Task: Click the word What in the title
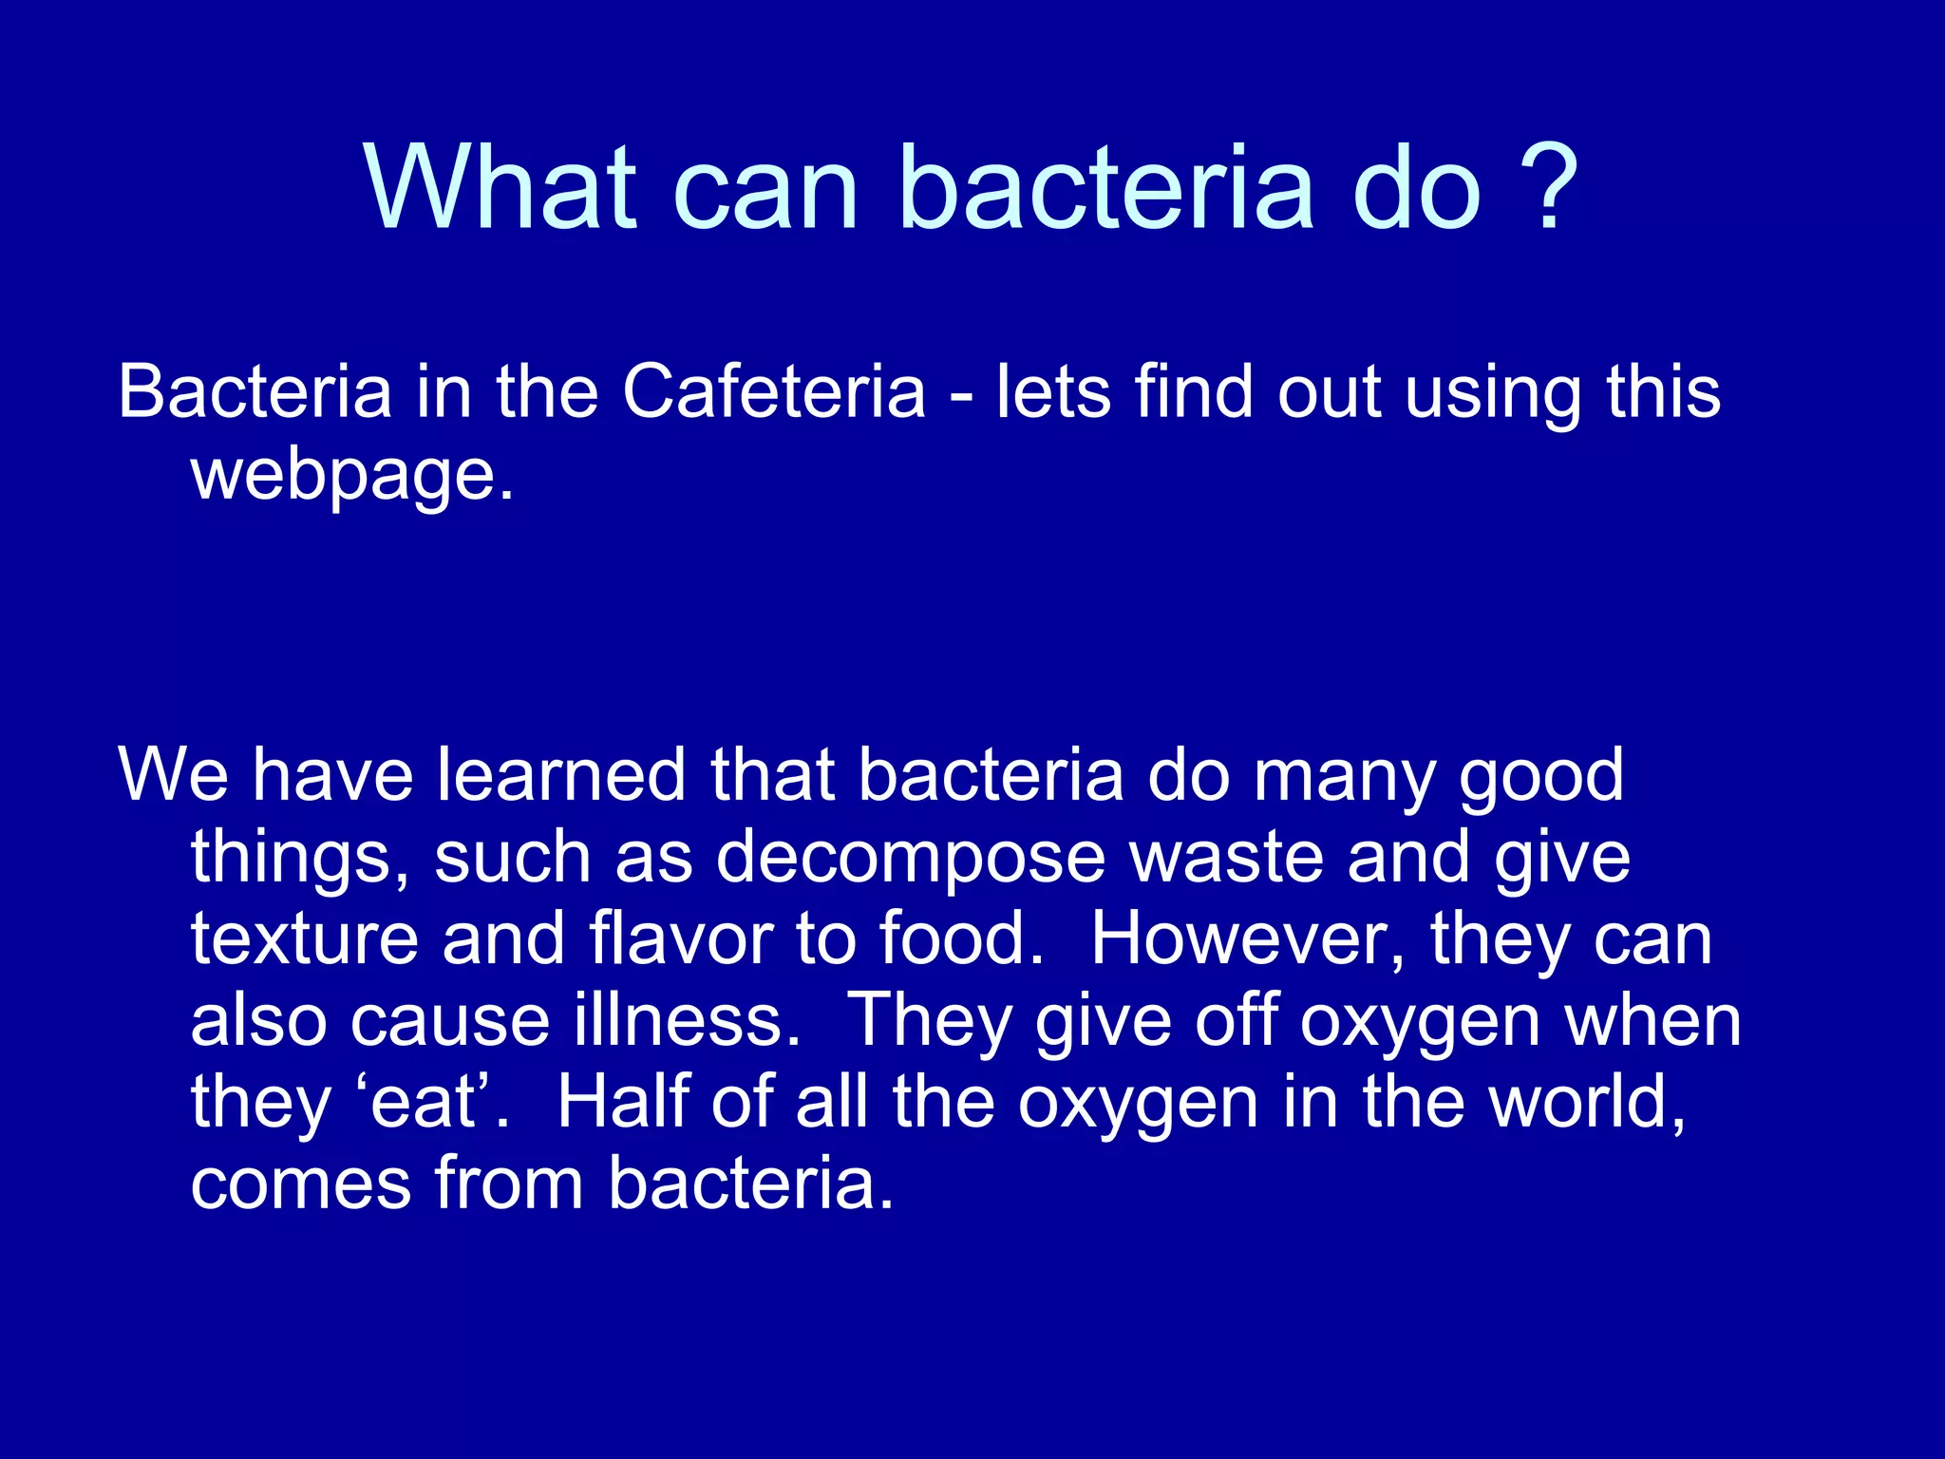pyautogui.click(x=500, y=187)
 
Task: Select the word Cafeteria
pyautogui.click(x=773, y=391)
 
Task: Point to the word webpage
pyautogui.click(x=351, y=475)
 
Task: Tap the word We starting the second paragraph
pyautogui.click(x=173, y=775)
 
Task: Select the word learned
pyautogui.click(x=561, y=775)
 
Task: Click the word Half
pyautogui.click(x=621, y=1102)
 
